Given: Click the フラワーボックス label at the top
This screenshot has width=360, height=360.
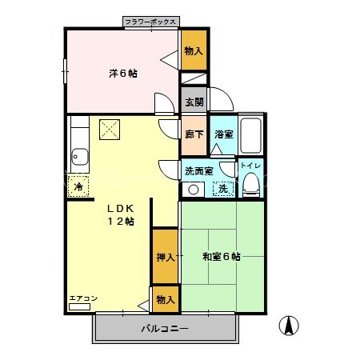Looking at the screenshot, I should [x=151, y=23].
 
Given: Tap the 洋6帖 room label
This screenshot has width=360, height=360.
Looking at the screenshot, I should [x=123, y=74].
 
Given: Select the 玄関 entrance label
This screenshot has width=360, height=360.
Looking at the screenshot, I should [x=194, y=102].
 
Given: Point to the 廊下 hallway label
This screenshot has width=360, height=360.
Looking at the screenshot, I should [x=194, y=135].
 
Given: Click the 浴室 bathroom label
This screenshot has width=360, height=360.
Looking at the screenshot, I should [x=223, y=135].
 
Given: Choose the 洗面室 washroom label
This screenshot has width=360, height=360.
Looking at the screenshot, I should [x=199, y=170].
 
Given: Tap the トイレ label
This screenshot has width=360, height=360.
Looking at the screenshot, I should [x=251, y=166].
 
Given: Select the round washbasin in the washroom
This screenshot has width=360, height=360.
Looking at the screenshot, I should [x=193, y=190].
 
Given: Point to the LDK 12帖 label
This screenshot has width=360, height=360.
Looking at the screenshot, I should [x=122, y=214].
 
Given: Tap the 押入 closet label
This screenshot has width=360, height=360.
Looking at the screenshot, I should [x=165, y=257].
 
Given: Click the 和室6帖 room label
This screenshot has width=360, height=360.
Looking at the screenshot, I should [x=222, y=257].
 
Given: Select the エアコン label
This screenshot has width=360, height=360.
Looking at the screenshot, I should [x=83, y=299].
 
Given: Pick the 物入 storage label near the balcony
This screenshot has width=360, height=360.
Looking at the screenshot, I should [x=166, y=299].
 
